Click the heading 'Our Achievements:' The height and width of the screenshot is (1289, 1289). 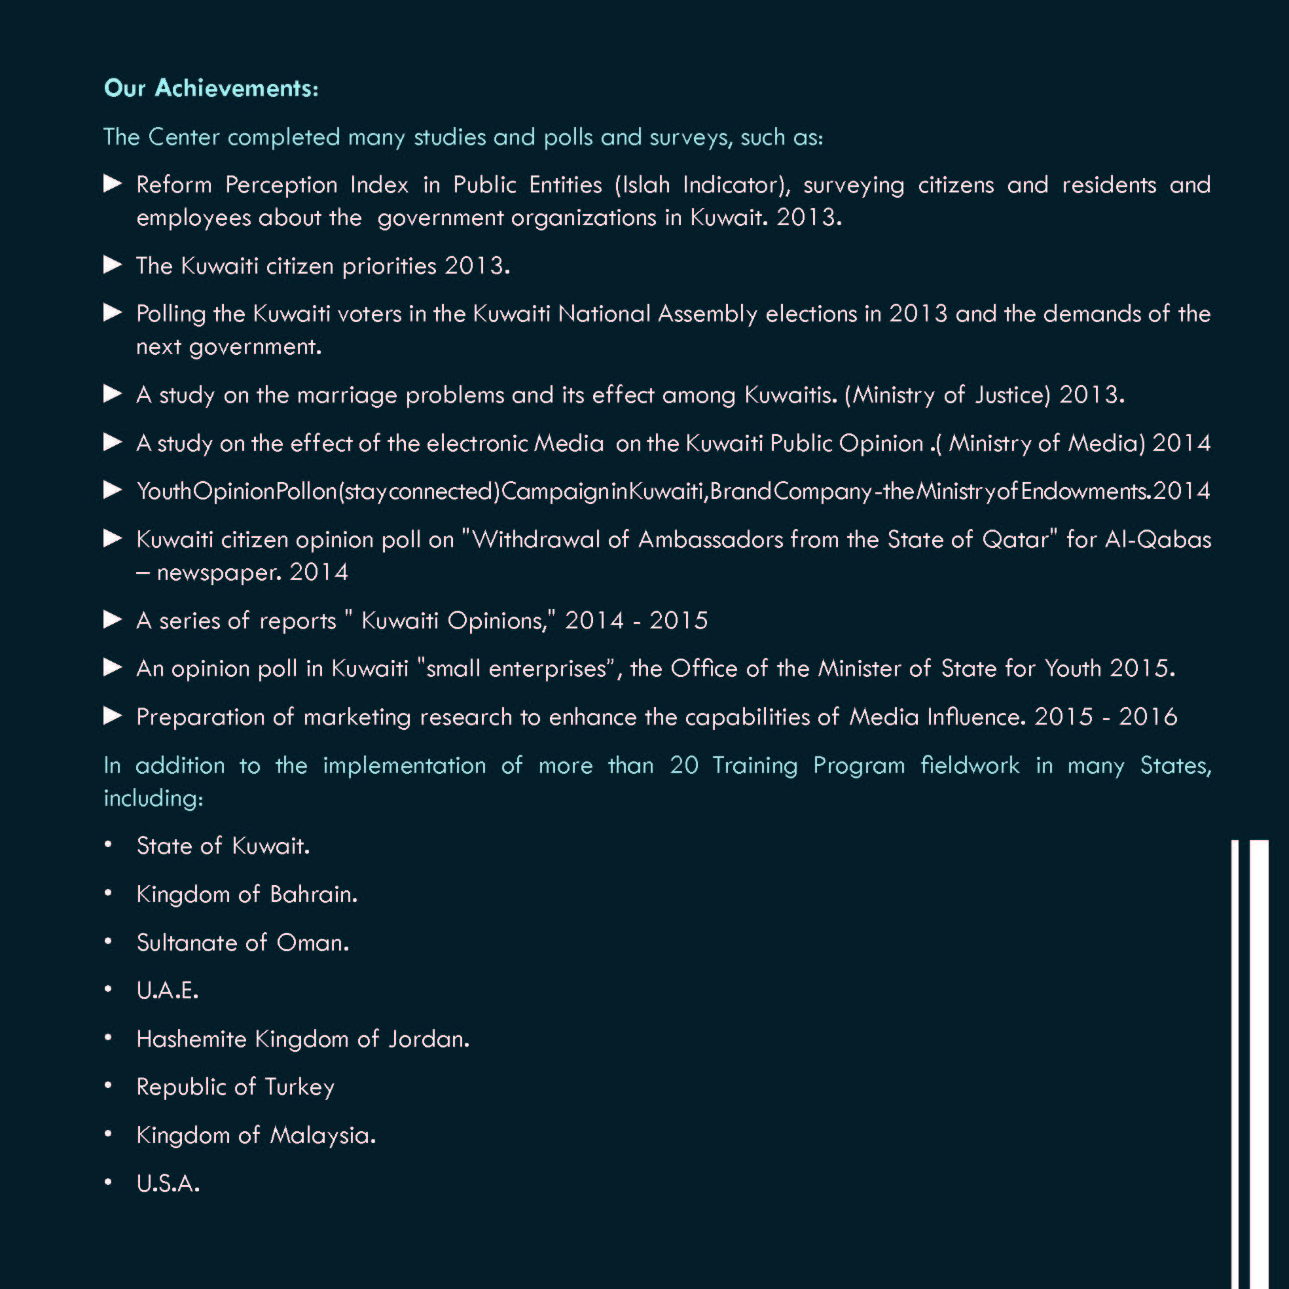pos(211,88)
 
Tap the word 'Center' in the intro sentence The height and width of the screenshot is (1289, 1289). pos(183,137)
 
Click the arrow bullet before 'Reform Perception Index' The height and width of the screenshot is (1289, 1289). pos(113,183)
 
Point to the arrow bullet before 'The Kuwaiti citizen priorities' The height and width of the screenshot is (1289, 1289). pos(113,265)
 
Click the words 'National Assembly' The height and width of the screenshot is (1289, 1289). pos(657,314)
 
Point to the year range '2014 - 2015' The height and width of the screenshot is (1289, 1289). pos(636,621)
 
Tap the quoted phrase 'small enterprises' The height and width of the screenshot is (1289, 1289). pos(516,668)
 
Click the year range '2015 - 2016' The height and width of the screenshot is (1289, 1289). pos(1106,717)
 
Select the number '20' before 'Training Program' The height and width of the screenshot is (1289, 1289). pos(684,765)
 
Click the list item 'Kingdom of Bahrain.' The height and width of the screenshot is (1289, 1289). pos(247,894)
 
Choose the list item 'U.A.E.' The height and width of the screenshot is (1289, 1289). pos(168,990)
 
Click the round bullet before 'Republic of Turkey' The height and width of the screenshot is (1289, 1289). pos(108,1086)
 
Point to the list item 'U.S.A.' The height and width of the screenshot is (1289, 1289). pos(168,1183)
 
